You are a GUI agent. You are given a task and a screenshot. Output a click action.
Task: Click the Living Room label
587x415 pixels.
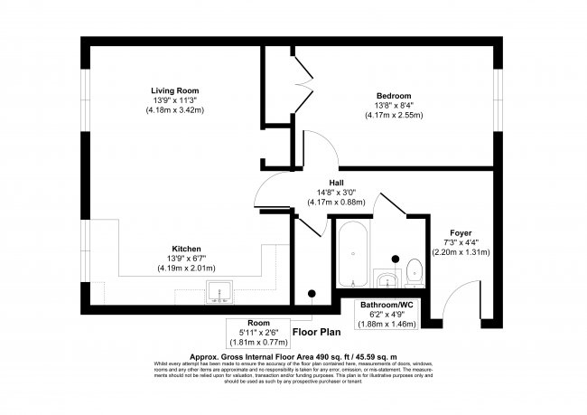[175, 90]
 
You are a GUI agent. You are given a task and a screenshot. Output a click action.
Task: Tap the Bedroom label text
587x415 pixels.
[393, 96]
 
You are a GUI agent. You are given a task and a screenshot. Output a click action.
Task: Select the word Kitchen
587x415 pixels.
[186, 249]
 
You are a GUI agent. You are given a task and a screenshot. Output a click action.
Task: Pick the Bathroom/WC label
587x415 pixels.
[387, 305]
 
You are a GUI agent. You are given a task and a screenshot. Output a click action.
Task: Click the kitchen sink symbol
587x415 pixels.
[219, 291]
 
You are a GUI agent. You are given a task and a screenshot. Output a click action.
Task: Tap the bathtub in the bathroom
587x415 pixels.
[352, 252]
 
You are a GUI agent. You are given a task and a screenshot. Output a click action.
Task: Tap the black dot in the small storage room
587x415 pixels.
[312, 292]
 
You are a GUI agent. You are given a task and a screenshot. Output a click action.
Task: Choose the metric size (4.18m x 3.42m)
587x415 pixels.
[175, 110]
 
